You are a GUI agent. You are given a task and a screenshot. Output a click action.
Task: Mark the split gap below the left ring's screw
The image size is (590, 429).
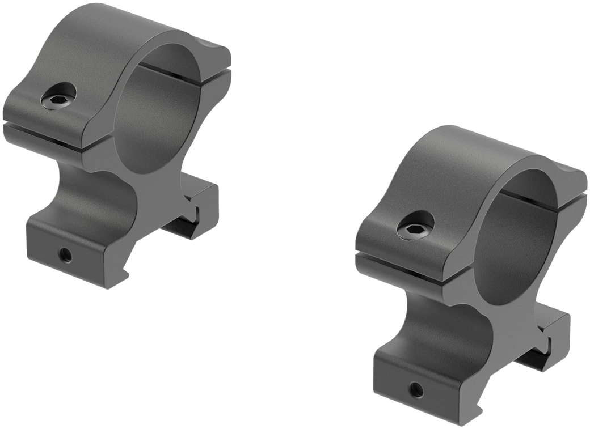(x=45, y=135)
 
